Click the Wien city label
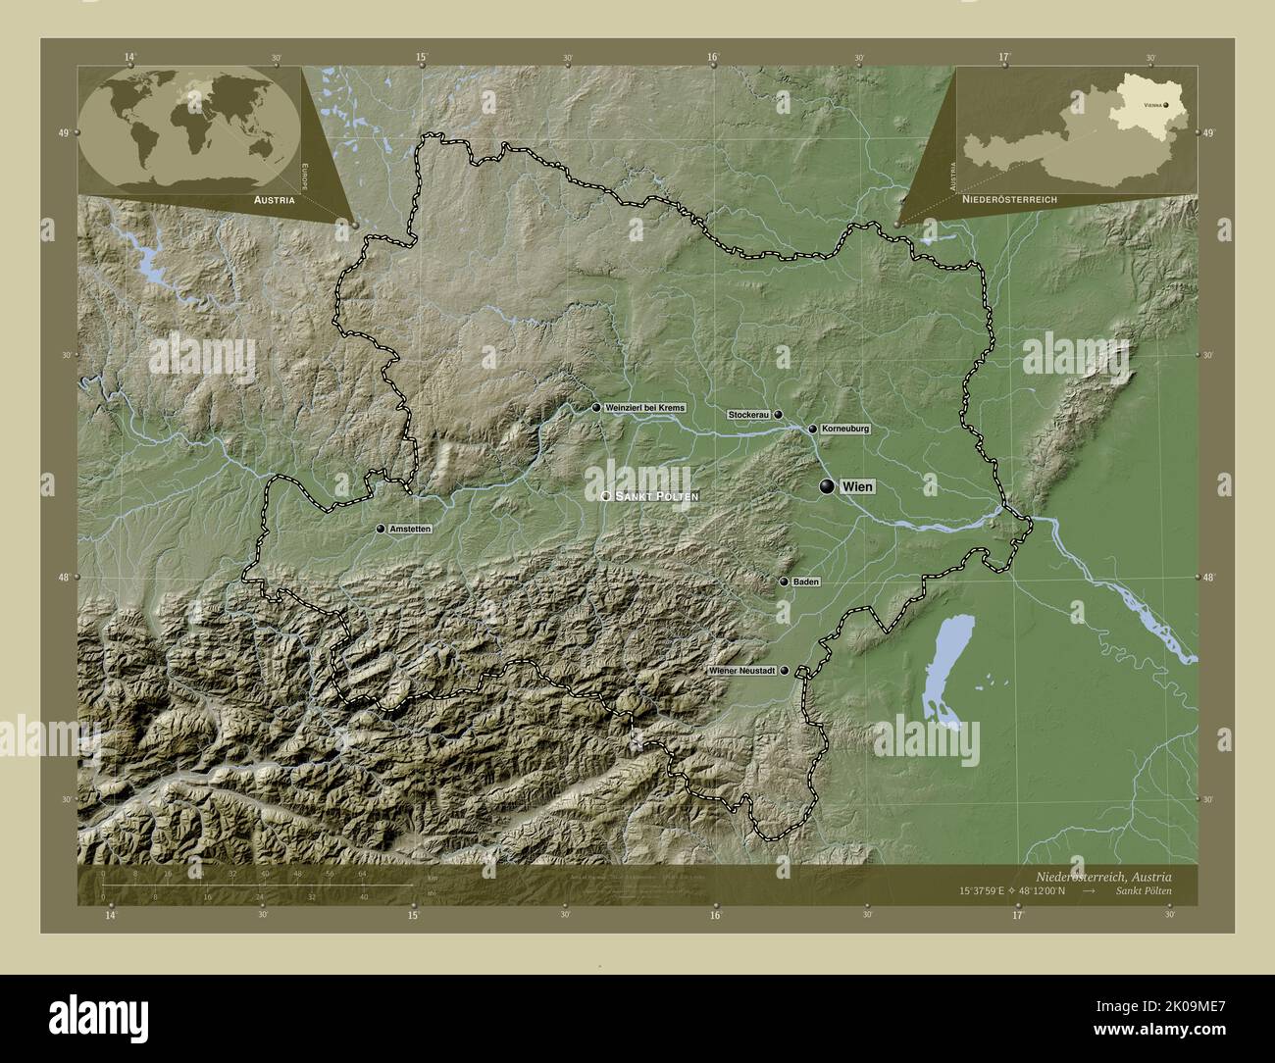point(856,487)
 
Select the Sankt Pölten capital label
point(656,497)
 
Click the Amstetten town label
point(410,529)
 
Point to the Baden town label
point(806,582)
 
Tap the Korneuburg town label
point(845,430)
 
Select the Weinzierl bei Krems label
point(645,407)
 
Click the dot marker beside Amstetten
point(381,529)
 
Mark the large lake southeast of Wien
point(945,668)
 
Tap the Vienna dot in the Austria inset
point(1166,103)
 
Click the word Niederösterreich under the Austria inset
point(1008,198)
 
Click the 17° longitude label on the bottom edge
point(1018,915)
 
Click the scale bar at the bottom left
point(255,886)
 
